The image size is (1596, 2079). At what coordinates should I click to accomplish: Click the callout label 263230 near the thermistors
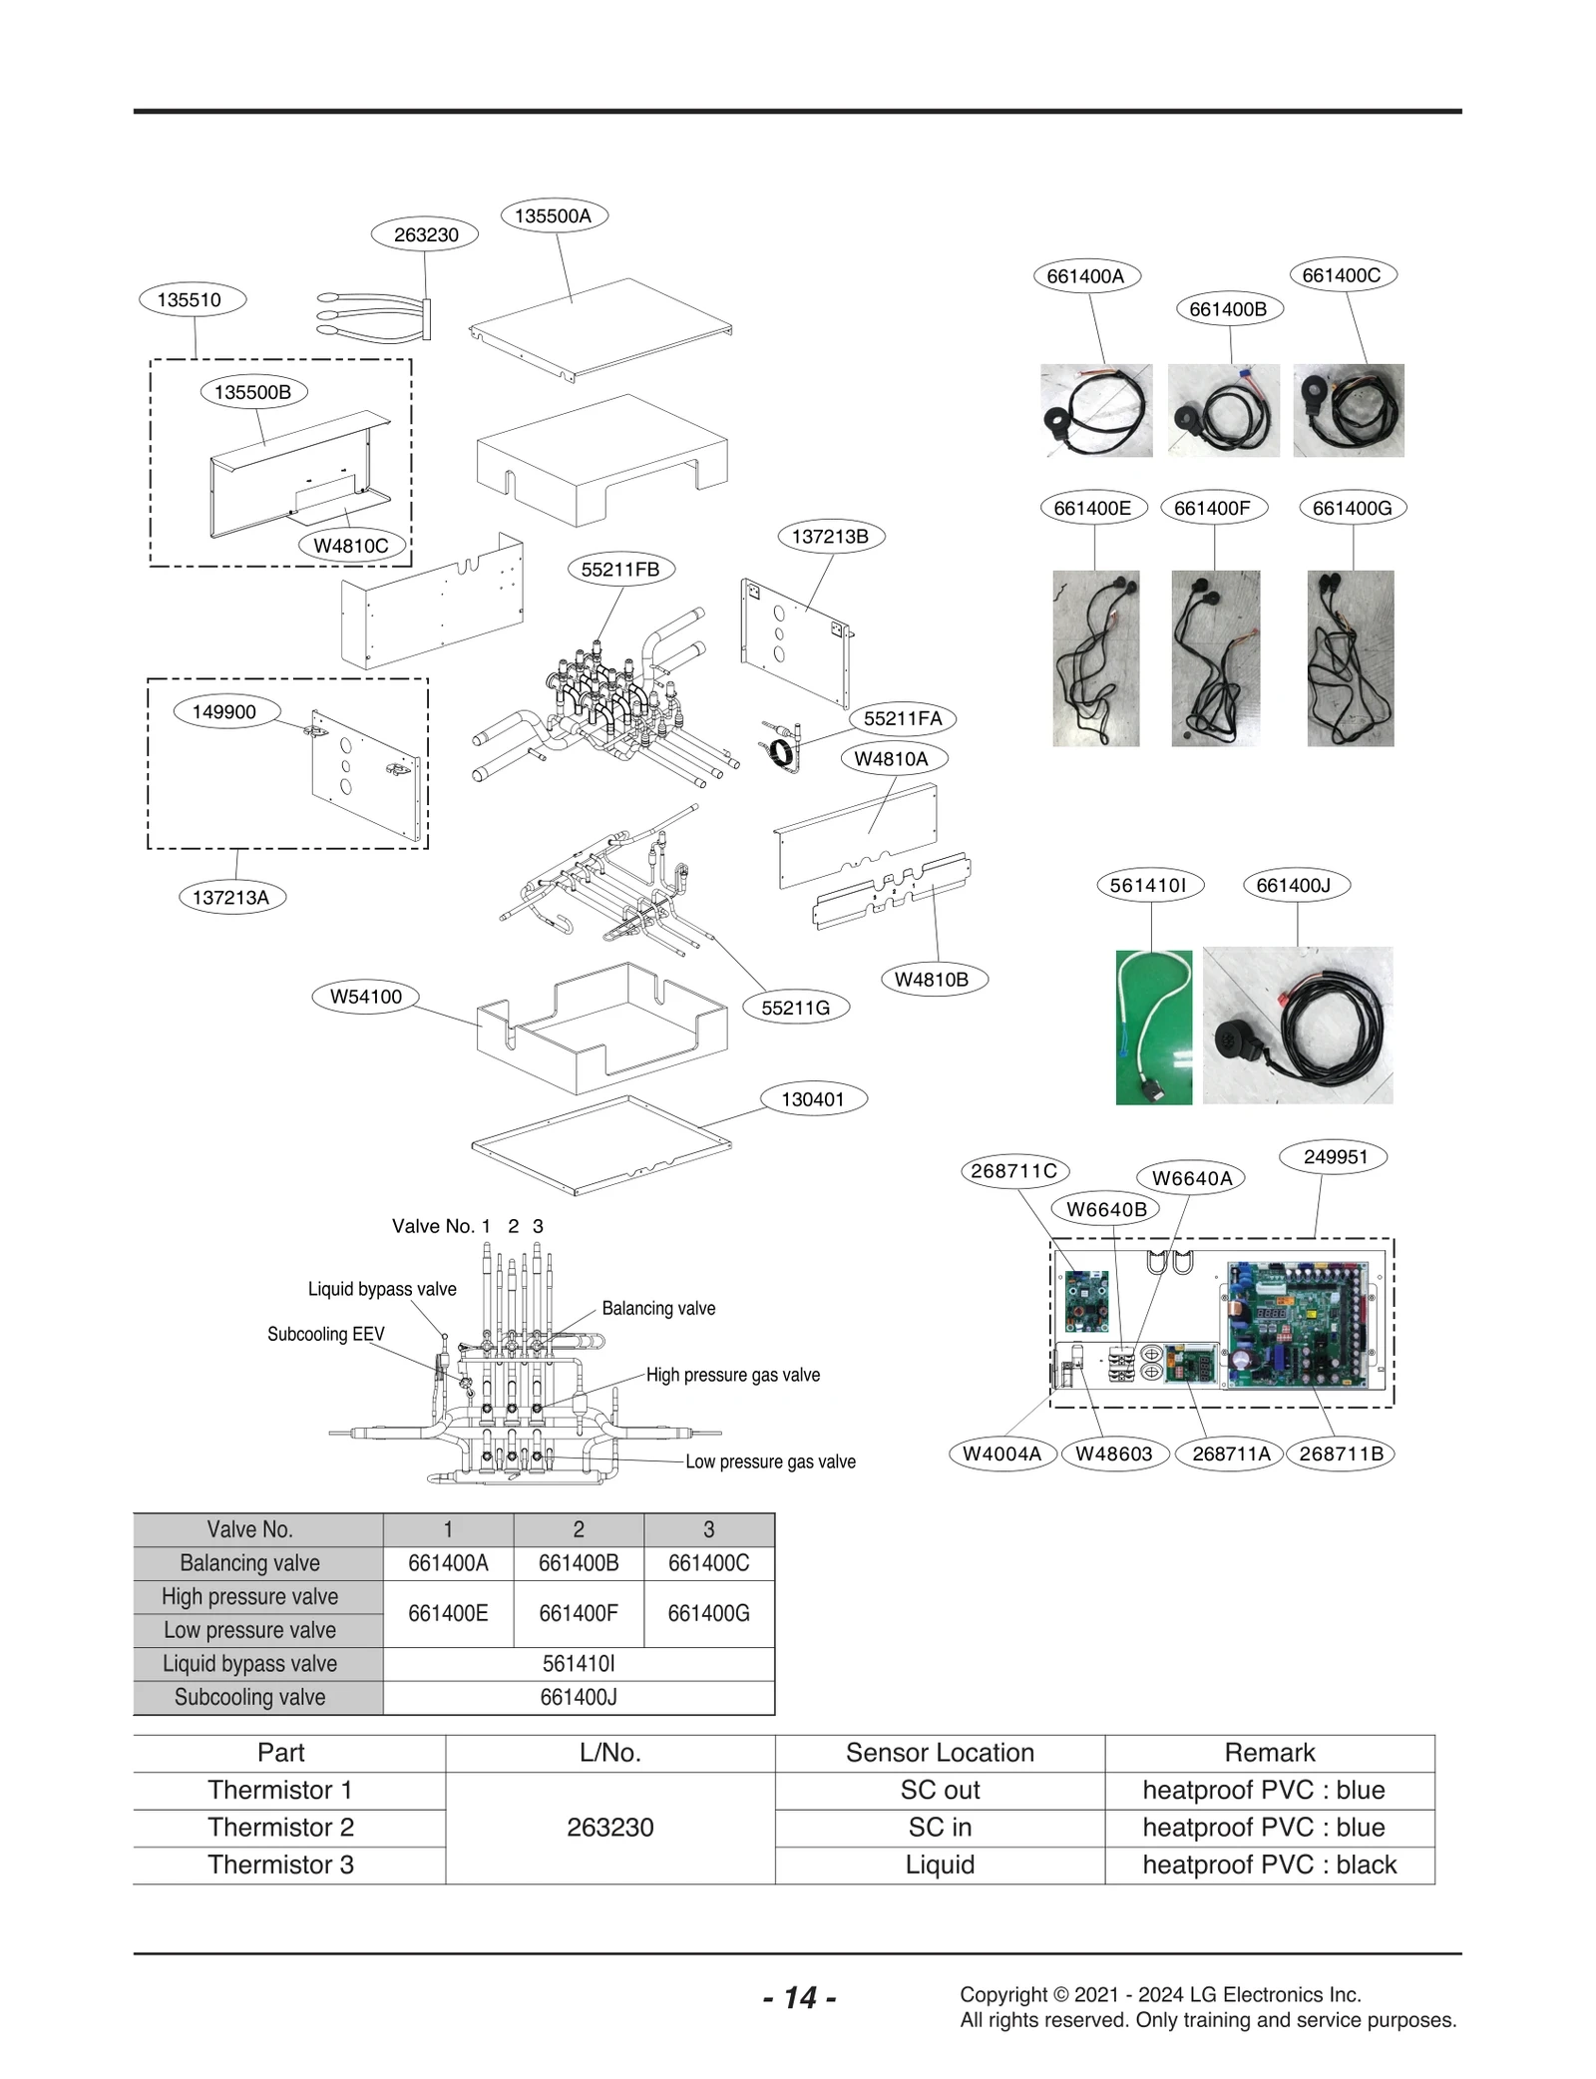click(425, 234)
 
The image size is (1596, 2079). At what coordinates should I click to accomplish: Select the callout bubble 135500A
click(553, 215)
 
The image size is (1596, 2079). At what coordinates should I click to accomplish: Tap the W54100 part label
click(366, 996)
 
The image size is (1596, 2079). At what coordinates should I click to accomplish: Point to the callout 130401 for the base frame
click(812, 1098)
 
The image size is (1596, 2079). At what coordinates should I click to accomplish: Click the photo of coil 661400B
click(1223, 410)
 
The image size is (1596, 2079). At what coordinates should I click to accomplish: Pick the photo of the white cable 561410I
click(1153, 1027)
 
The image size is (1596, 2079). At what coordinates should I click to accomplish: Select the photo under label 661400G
click(1350, 657)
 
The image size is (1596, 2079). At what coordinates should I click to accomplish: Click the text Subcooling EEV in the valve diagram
click(325, 1334)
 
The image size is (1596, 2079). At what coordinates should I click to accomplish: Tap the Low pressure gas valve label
click(770, 1461)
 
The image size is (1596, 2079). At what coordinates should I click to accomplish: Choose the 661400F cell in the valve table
click(578, 1613)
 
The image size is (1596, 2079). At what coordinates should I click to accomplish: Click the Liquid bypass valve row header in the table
click(250, 1663)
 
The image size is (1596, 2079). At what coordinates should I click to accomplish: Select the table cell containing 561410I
click(578, 1663)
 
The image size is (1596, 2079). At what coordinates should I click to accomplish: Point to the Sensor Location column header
click(940, 1753)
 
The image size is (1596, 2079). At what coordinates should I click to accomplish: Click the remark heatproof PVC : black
click(1269, 1865)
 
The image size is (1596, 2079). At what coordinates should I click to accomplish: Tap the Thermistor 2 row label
click(280, 1827)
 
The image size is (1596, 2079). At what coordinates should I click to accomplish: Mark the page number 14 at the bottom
click(799, 1997)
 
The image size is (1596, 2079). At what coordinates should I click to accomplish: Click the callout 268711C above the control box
click(1013, 1170)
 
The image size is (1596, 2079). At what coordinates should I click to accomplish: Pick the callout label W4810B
click(931, 979)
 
